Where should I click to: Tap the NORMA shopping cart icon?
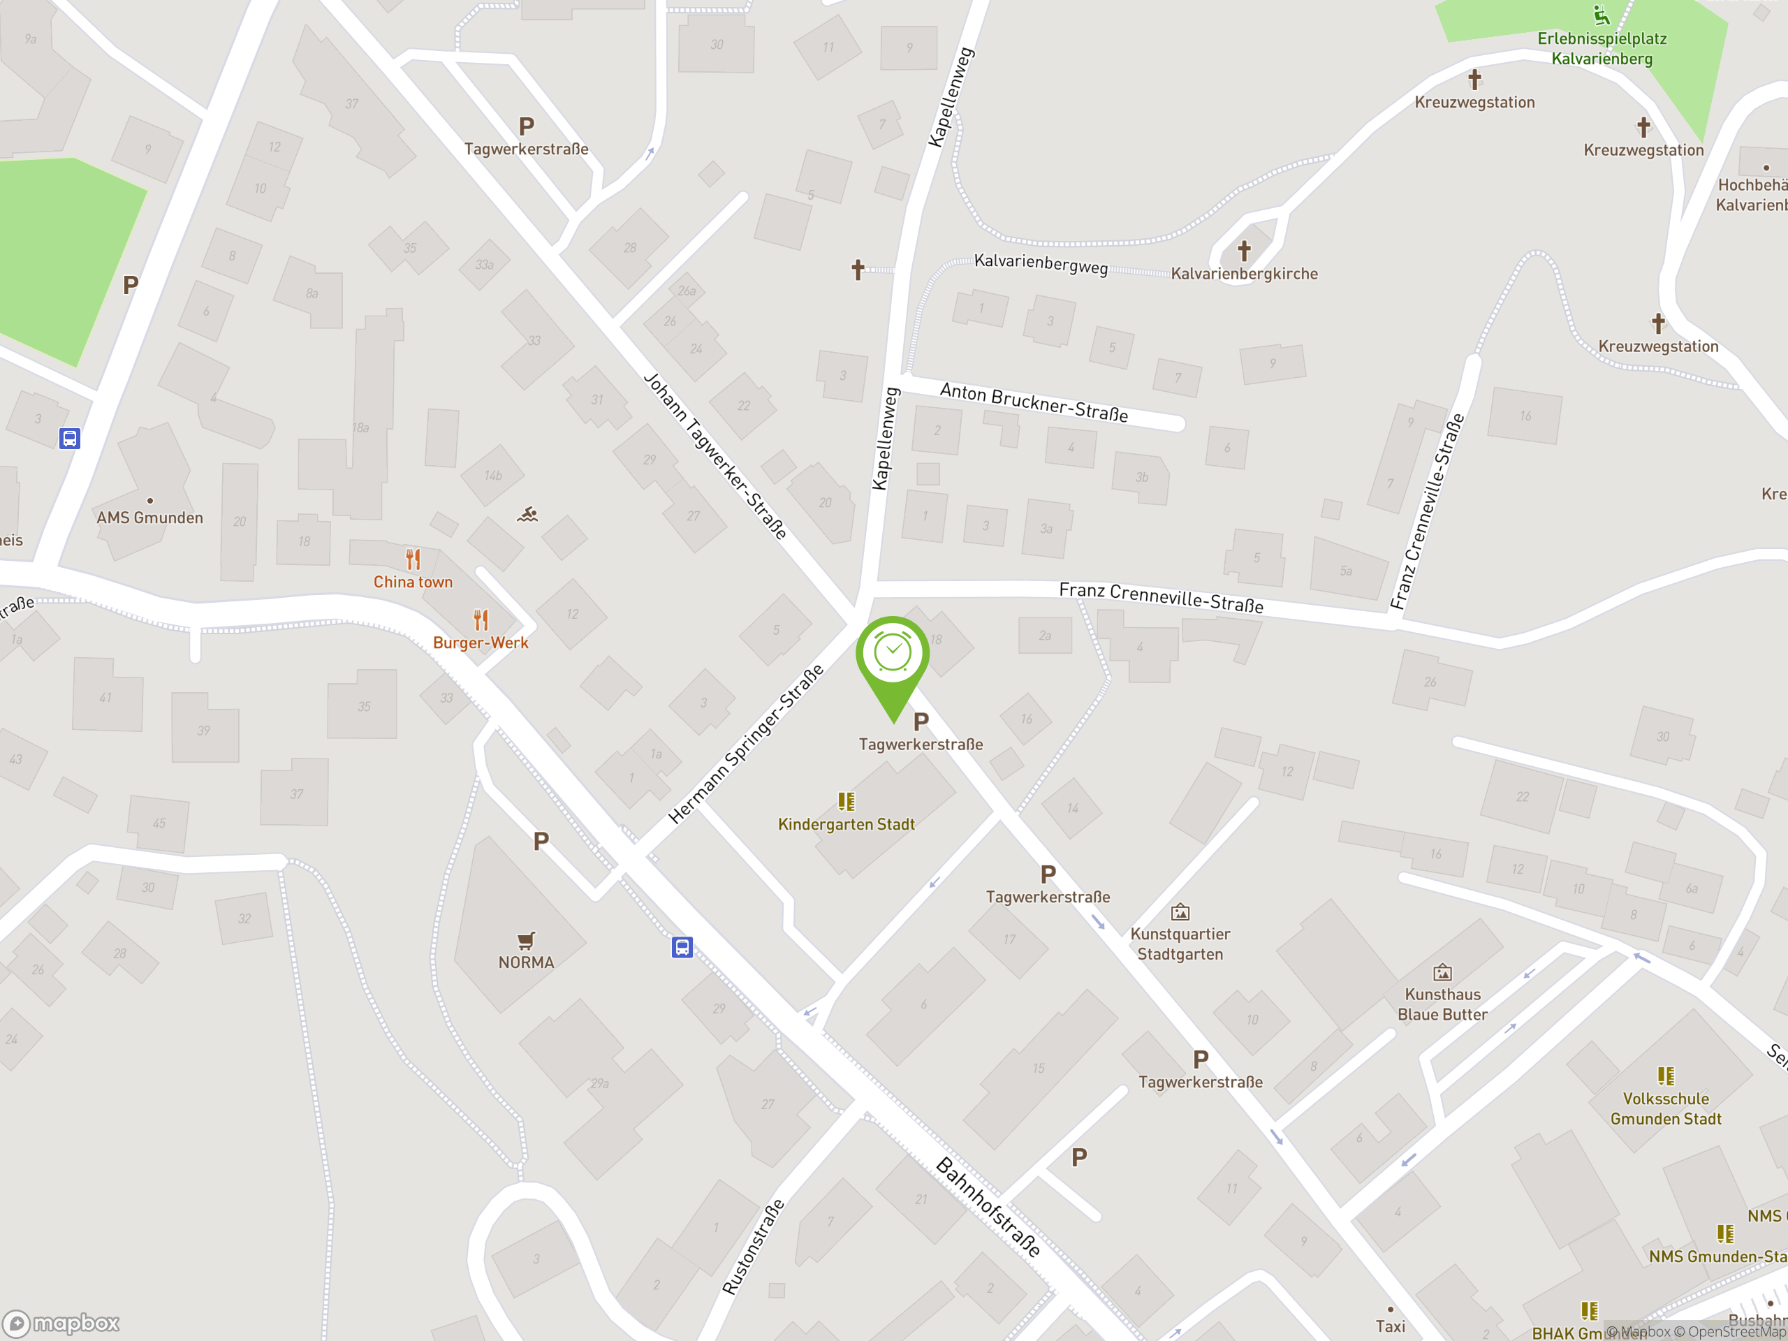(526, 940)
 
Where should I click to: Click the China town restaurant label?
(412, 582)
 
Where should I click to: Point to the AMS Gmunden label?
(149, 518)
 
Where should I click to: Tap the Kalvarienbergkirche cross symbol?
(1244, 251)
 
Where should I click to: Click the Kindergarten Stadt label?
(846, 824)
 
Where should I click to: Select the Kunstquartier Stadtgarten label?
(1180, 944)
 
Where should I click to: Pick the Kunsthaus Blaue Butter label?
(1442, 1004)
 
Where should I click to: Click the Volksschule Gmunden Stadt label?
(1665, 1108)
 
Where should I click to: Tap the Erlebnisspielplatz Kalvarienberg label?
(1602, 48)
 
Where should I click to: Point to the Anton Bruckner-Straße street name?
(1034, 402)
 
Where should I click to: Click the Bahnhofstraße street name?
(988, 1207)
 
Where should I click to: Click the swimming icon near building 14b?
(528, 514)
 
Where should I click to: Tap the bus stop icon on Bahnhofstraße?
(682, 947)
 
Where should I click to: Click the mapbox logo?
(61, 1324)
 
